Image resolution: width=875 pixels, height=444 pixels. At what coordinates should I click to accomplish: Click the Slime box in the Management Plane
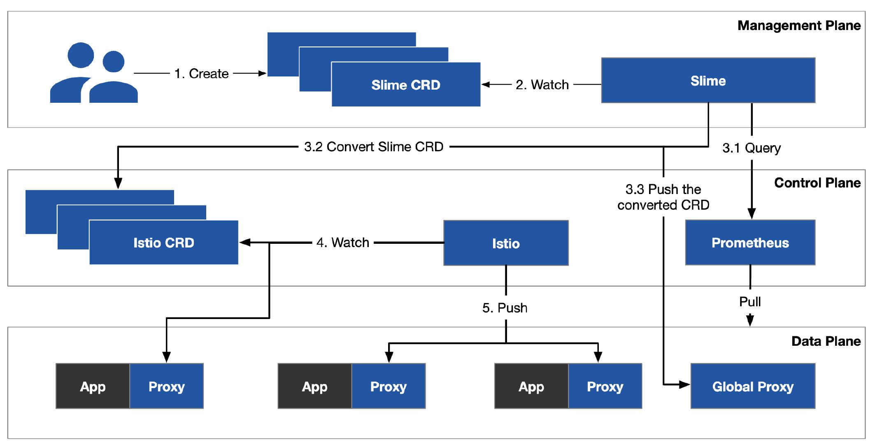click(708, 81)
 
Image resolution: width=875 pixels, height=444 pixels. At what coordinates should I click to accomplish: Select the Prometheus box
click(750, 243)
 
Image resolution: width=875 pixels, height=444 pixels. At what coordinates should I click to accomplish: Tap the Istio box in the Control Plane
click(506, 243)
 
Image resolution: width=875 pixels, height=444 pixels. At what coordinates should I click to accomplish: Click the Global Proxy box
click(753, 386)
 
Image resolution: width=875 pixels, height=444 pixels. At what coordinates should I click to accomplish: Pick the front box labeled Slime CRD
click(406, 85)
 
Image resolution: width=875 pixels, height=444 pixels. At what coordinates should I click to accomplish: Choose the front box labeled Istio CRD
click(163, 243)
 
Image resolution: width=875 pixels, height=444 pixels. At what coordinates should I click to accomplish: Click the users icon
click(94, 73)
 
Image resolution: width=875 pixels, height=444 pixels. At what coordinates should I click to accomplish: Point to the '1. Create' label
click(201, 74)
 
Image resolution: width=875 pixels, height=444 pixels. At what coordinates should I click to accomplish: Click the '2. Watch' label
click(542, 85)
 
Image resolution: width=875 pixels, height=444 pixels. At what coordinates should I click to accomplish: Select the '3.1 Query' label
click(752, 148)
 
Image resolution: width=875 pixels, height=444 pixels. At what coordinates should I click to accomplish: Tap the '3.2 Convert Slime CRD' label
click(373, 147)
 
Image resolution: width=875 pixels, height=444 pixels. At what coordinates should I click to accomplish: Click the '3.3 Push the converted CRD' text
click(663, 197)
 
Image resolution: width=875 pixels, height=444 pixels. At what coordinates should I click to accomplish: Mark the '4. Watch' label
click(342, 243)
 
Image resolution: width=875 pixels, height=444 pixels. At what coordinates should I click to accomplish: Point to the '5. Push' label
click(505, 308)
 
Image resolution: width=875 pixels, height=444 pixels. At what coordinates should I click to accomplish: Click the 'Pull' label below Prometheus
click(750, 302)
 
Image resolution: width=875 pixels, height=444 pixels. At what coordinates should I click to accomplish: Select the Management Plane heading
click(798, 25)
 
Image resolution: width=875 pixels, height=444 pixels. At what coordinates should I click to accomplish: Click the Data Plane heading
click(826, 341)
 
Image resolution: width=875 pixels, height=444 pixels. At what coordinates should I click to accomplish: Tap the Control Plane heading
click(817, 183)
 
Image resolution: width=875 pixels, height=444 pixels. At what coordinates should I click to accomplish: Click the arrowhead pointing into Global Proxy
click(685, 385)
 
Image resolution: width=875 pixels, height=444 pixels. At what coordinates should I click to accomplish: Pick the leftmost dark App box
click(93, 386)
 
